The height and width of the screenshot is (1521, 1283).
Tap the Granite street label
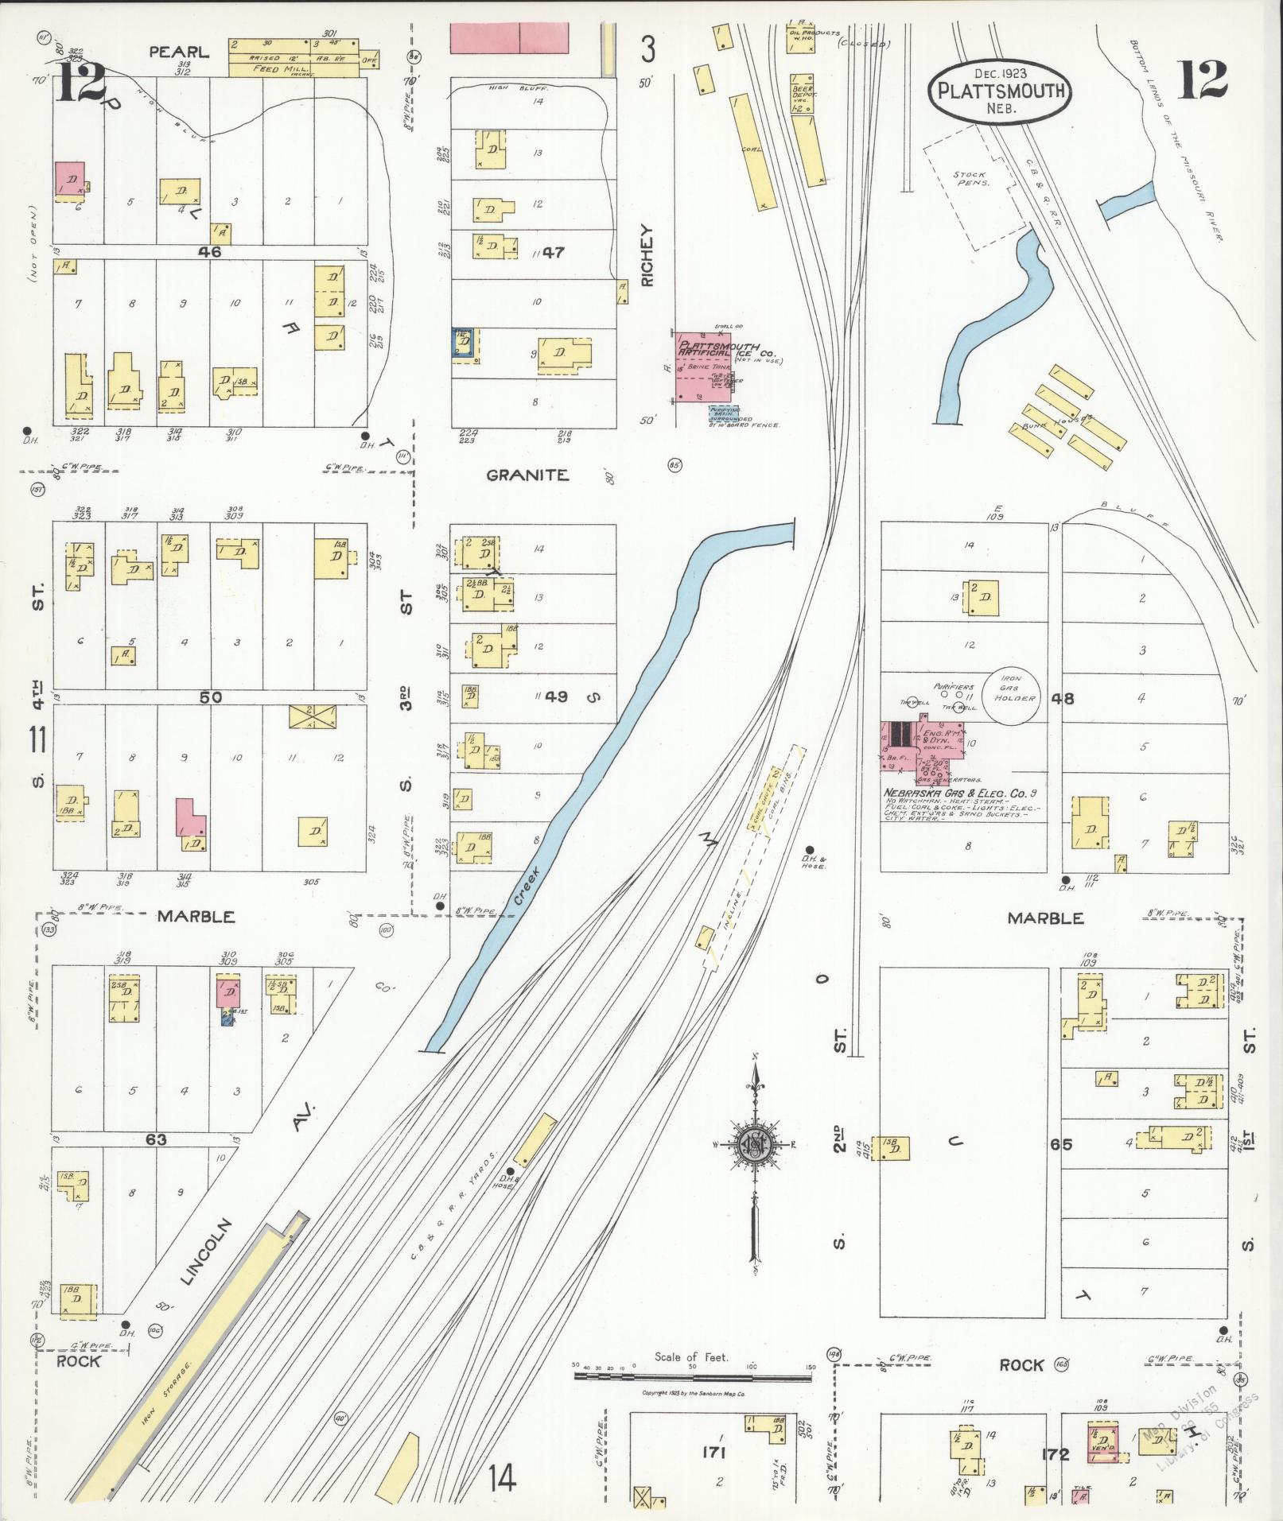point(527,475)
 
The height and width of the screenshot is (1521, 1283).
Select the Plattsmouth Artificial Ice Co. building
point(702,367)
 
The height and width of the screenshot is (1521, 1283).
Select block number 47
point(553,253)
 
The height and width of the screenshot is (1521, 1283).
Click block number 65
point(1060,1144)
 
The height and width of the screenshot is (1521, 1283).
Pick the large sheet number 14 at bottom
point(502,1478)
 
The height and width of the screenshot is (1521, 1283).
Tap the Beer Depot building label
point(802,94)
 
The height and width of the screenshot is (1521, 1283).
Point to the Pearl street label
point(179,52)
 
